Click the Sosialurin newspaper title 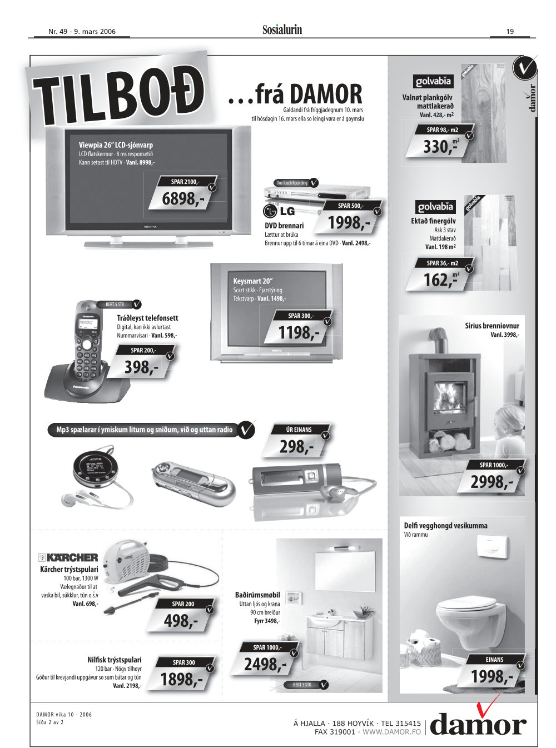tap(282, 29)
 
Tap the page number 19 tap(510, 31)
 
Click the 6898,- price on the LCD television tap(183, 198)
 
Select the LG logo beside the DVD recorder tap(279, 211)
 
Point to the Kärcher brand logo tap(68, 557)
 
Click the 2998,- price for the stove tap(491, 482)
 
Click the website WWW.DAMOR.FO tap(391, 731)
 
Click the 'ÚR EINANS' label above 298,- tap(299, 430)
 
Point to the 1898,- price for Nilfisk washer tap(181, 679)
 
